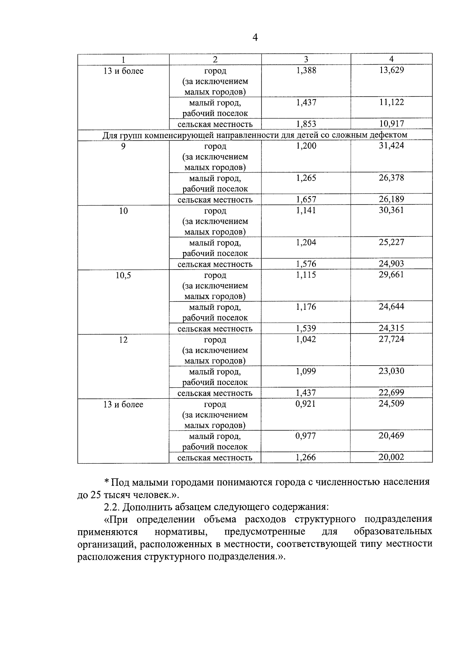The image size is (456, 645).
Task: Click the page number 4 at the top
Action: point(255,38)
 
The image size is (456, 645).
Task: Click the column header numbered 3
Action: point(306,59)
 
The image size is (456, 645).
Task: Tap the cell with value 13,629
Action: point(391,70)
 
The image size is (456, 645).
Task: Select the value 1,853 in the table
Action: point(306,124)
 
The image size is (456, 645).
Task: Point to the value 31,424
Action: point(391,146)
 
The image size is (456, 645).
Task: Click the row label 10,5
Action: point(123,275)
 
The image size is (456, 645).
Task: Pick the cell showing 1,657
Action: point(306,200)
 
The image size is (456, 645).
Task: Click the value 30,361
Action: point(391,210)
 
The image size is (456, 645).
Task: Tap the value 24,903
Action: point(391,264)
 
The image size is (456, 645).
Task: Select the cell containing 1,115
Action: point(306,275)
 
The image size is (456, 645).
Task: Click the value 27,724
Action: point(391,339)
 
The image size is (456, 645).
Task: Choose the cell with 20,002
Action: point(391,457)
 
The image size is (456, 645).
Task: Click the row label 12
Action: point(123,340)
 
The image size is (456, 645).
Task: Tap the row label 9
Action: point(123,146)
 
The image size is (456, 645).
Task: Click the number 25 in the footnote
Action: point(95,495)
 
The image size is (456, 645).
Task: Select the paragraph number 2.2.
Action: point(111,507)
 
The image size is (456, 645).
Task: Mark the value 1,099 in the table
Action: point(306,371)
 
